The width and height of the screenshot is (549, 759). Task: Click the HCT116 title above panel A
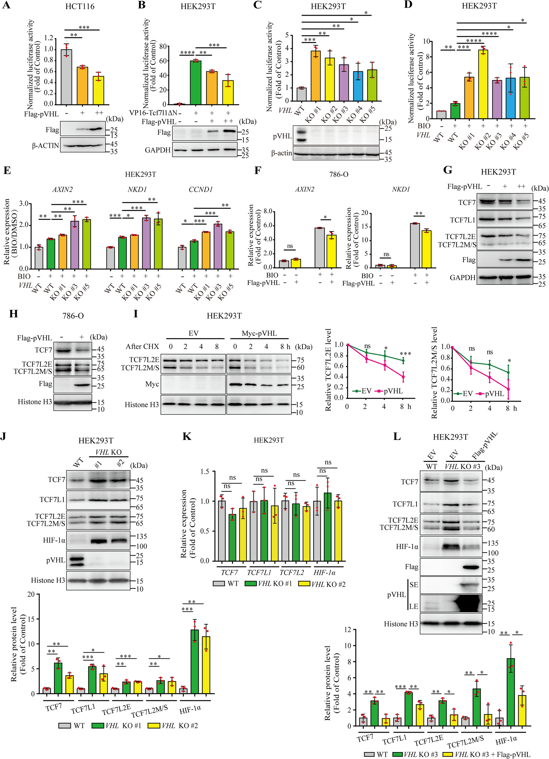[x=80, y=6]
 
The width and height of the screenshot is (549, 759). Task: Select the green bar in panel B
[x=196, y=83]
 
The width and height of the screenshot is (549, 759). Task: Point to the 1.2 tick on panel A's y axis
[x=49, y=39]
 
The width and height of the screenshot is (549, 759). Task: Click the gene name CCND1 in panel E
[x=201, y=189]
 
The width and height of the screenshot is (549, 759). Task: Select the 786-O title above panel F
[x=339, y=174]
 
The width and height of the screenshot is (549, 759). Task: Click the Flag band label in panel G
[x=469, y=260]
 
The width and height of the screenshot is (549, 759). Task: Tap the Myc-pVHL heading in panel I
[x=259, y=333]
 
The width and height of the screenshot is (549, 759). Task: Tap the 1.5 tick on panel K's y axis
[x=205, y=472]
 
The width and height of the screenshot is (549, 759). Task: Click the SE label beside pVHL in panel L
[x=414, y=585]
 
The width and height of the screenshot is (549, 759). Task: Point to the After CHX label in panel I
[x=142, y=346]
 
